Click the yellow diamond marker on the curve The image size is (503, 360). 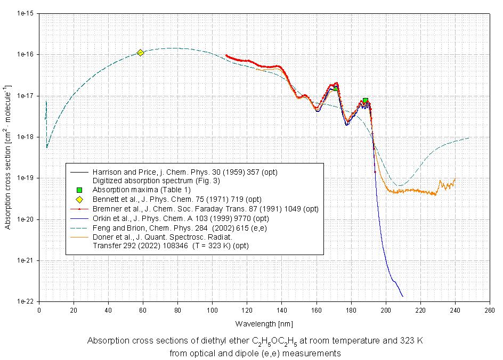(140, 52)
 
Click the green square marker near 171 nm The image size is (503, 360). (336, 88)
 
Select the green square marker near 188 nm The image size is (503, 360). (366, 100)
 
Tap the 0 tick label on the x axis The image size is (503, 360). (39, 310)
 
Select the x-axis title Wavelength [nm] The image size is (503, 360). (264, 323)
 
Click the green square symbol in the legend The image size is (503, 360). (79, 190)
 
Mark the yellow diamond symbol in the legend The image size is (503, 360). (79, 200)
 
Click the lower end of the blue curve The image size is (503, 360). (402, 296)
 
